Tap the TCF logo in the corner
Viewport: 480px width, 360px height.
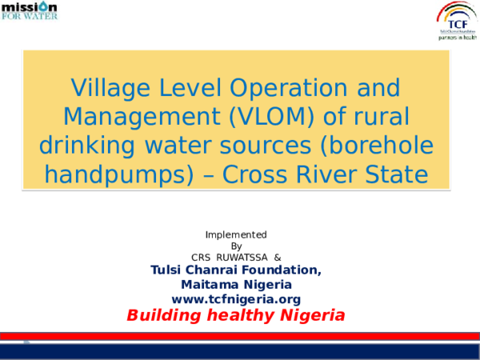click(x=457, y=20)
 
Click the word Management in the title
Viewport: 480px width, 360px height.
click(x=138, y=116)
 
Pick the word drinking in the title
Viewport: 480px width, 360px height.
click(x=89, y=146)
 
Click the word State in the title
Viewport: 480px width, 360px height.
click(x=390, y=174)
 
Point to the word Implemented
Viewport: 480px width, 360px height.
click(x=236, y=234)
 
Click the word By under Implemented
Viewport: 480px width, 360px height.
click(x=236, y=246)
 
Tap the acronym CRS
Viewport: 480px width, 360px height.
click(x=201, y=258)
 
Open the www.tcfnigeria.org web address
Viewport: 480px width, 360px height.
click(x=236, y=299)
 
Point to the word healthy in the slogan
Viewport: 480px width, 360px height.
click(x=239, y=315)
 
